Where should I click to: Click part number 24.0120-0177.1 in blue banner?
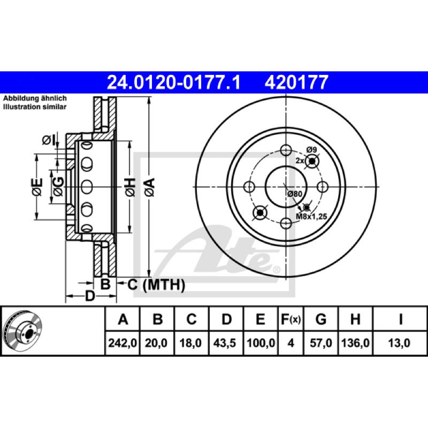pos(173,82)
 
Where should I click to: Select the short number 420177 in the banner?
pos(296,82)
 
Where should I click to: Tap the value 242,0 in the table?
pos(123,343)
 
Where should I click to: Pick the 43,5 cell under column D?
pos(225,343)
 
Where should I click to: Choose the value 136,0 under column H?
pos(355,343)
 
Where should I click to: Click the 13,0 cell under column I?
pos(399,343)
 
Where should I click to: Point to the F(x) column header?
pos(291,319)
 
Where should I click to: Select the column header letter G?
pos(320,319)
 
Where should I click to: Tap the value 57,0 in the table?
pos(320,343)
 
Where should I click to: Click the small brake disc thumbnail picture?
pos(22,331)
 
